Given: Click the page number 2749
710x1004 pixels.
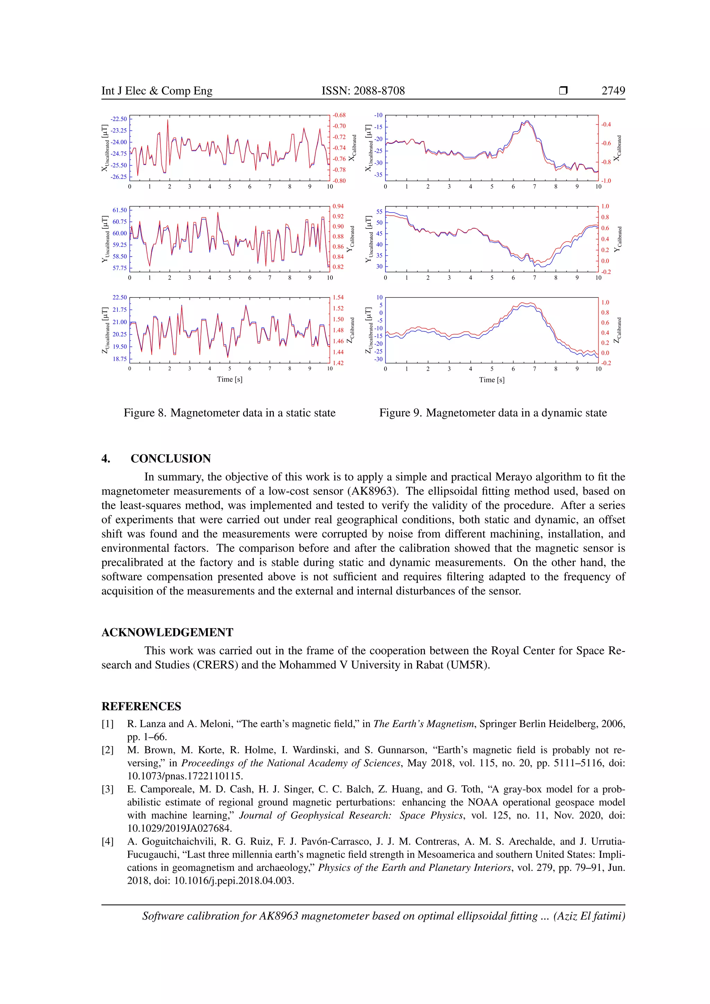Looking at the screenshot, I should [613, 90].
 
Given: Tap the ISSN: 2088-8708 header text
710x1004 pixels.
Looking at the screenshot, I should [363, 90].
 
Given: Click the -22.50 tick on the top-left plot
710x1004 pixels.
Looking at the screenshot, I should [119, 119].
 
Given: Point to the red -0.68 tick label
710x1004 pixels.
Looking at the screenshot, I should [339, 115].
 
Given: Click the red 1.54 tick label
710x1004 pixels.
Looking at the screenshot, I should [338, 297].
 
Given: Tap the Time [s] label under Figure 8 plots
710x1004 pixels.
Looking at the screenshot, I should [230, 379].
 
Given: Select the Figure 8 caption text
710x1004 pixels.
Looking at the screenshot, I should [230, 413].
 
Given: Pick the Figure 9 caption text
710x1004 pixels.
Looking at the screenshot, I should [493, 413].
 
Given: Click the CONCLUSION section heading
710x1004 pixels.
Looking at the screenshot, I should [171, 458].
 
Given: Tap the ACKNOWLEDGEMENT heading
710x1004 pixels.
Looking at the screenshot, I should [167, 632].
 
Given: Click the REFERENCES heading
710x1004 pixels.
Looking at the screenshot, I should [141, 706].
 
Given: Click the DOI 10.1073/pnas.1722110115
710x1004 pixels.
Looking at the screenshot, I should [185, 776].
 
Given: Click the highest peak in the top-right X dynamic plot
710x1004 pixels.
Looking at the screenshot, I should [527, 121].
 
